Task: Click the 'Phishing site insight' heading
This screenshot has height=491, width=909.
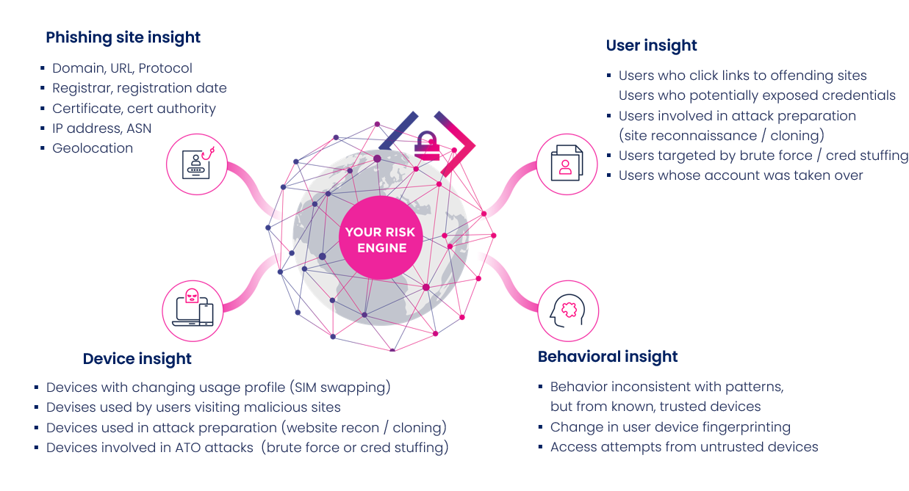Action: [123, 37]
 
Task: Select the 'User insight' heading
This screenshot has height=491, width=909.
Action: [651, 46]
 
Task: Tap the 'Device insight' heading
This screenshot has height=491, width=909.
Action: [137, 359]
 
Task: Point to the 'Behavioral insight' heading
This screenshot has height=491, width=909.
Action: [608, 357]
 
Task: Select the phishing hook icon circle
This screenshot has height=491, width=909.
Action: [196, 164]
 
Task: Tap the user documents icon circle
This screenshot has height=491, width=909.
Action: [567, 164]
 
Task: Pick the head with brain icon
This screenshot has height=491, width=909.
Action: [568, 310]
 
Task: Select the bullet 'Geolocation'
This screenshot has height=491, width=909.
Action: [93, 148]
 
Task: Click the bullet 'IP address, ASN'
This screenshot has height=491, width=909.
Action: [102, 128]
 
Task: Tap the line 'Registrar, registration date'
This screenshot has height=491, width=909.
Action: [139, 88]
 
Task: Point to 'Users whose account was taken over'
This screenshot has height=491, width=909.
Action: [741, 175]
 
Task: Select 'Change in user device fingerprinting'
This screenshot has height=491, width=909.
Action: [670, 427]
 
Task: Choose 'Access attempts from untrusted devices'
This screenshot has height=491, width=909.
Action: [684, 447]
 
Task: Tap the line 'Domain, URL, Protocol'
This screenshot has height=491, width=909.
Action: [122, 68]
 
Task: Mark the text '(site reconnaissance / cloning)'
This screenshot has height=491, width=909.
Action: [722, 136]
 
